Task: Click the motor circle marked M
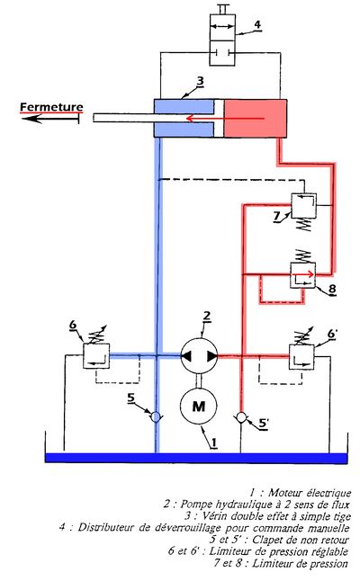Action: [198, 406]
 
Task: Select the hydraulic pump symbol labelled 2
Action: [199, 356]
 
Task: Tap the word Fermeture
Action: [51, 107]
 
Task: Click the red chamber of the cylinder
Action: [256, 118]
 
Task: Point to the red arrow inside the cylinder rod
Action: [225, 118]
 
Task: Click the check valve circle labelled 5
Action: [156, 417]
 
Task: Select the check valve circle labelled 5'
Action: [241, 417]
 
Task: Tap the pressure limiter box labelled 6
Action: [96, 356]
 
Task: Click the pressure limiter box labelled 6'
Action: [301, 357]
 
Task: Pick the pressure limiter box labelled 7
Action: [303, 205]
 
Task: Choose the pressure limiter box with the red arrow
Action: [303, 275]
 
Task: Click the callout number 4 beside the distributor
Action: [256, 25]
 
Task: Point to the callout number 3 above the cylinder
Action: [200, 81]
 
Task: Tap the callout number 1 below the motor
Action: [213, 442]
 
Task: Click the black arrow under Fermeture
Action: [50, 119]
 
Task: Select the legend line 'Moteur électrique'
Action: [300, 493]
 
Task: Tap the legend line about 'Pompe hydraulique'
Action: [256, 505]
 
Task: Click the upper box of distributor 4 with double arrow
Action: [222, 28]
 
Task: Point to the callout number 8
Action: [332, 288]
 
